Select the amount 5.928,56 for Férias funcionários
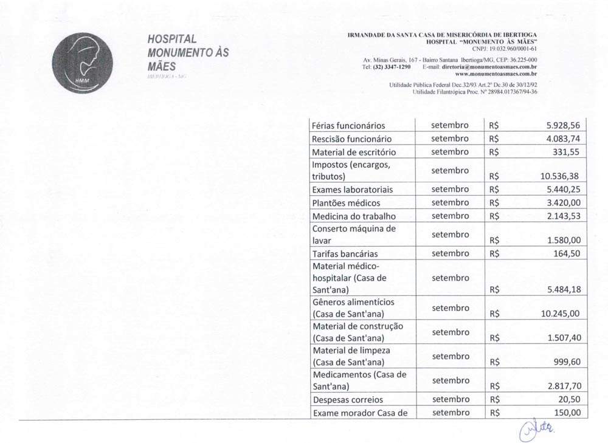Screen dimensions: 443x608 pyautogui.click(x=564, y=125)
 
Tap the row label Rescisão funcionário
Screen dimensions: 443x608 pyautogui.click(x=351, y=139)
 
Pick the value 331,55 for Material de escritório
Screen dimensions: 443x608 pyautogui.click(x=567, y=151)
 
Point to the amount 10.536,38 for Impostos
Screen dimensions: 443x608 pyautogui.click(x=559, y=176)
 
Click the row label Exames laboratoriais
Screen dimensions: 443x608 pyautogui.click(x=352, y=190)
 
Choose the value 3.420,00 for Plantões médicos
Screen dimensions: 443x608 pyautogui.click(x=564, y=202)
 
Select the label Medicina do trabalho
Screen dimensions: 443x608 pyautogui.click(x=353, y=216)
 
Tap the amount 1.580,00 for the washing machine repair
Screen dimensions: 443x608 pyautogui.click(x=564, y=240)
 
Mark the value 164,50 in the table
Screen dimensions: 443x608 pyautogui.click(x=567, y=253)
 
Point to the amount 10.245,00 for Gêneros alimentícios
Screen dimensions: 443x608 pyautogui.click(x=559, y=314)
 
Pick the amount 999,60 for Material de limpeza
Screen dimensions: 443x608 pyautogui.click(x=567, y=362)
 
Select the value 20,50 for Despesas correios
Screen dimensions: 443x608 pyautogui.click(x=570, y=400)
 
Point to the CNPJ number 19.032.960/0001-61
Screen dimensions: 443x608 pyautogui.click(x=505, y=49)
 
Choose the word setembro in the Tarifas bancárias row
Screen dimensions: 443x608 pyautogui.click(x=450, y=253)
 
